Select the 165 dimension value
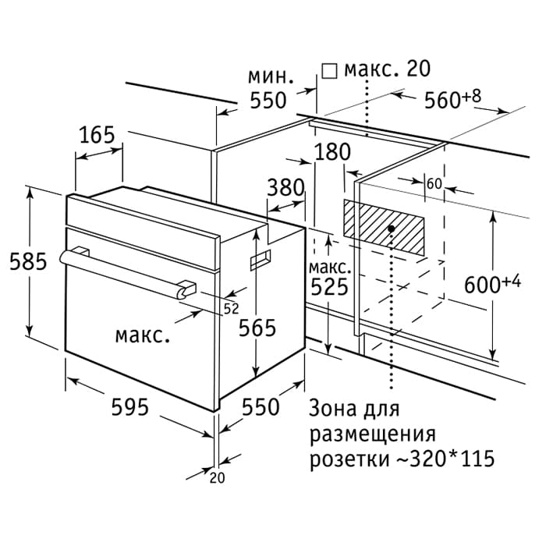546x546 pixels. point(97,134)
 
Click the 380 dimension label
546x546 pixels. point(285,187)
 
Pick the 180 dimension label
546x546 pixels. point(333,152)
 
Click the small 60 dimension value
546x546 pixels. point(434,183)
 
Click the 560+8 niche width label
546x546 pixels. point(452,99)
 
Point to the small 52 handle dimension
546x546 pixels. point(231,308)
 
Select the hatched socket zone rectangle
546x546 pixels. point(384,225)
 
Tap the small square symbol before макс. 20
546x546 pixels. point(328,71)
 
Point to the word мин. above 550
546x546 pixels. point(270,76)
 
